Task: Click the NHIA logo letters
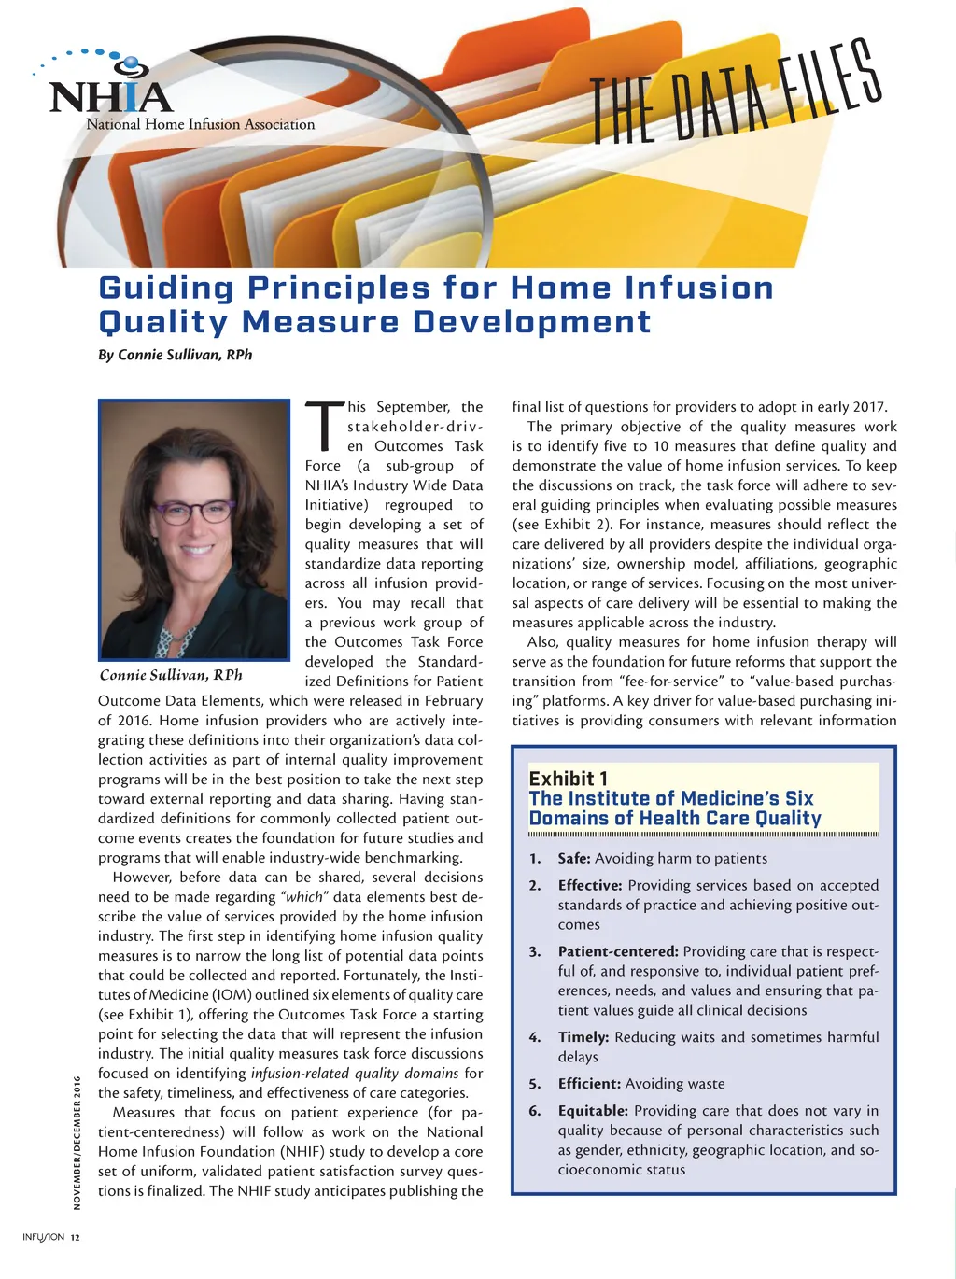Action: point(110,97)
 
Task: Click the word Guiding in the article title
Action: point(165,288)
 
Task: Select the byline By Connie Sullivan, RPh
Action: point(175,355)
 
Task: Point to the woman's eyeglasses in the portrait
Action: point(194,512)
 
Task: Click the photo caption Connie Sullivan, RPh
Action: point(171,675)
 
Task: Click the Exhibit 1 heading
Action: point(568,779)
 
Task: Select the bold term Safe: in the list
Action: point(573,859)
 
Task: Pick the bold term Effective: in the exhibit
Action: point(589,885)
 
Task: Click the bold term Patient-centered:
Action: point(617,951)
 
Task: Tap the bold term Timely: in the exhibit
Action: point(583,1037)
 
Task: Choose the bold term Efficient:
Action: point(588,1084)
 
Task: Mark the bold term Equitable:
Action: point(592,1111)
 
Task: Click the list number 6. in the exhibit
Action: point(535,1111)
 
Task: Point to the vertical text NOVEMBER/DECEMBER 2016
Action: point(77,1143)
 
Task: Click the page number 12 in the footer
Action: point(76,1238)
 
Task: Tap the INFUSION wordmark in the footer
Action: point(43,1238)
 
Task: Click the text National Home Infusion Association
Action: point(200,124)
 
